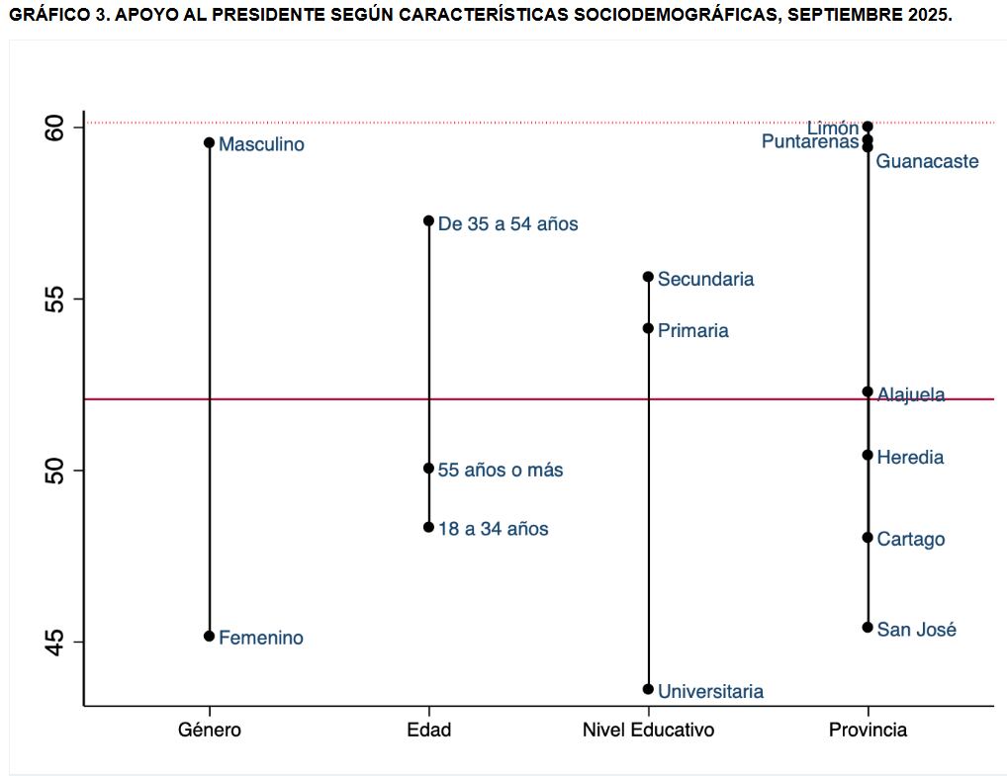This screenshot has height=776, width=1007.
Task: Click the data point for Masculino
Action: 209,142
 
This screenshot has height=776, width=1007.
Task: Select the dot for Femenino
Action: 209,636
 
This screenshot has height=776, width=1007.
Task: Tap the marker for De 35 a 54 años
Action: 428,220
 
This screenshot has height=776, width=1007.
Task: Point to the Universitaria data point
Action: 648,689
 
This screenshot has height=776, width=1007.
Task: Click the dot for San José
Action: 868,627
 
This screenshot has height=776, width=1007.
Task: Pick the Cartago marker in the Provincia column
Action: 868,538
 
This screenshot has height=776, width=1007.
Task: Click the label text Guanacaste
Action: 927,161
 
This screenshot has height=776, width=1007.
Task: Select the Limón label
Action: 832,129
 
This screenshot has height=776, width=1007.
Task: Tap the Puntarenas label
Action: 809,142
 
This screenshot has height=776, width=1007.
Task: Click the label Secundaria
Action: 705,280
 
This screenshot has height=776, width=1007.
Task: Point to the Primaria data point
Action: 648,328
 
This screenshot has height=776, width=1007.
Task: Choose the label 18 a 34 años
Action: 493,530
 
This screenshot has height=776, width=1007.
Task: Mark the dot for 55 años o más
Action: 428,468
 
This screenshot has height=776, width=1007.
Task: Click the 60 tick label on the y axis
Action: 55,128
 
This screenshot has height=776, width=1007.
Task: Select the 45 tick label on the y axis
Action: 55,642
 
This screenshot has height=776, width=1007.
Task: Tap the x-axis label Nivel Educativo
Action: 648,731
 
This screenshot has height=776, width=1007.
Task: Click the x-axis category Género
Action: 209,731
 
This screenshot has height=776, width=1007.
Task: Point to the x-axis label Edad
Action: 428,731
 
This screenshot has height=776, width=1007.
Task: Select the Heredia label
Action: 910,458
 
